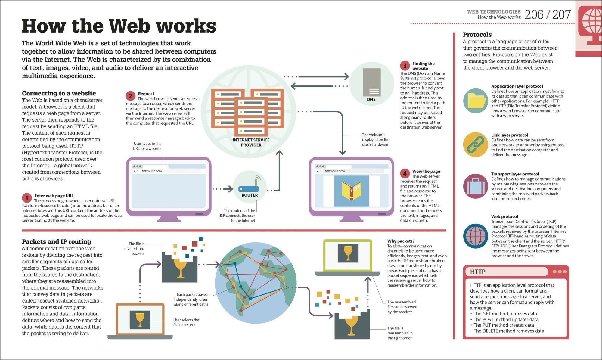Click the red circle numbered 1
click(27, 198)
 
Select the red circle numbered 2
click(130, 96)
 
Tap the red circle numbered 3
click(405, 66)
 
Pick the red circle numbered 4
click(405, 173)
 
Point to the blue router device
click(249, 189)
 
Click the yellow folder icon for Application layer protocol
click(476, 101)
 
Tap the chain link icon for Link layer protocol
click(476, 144)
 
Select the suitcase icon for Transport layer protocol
click(476, 186)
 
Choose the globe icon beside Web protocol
click(476, 236)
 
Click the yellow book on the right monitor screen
click(351, 191)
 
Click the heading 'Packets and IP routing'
click(57, 241)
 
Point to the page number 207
click(561, 14)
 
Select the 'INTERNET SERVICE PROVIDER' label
click(251, 142)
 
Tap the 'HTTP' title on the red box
click(478, 272)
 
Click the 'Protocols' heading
click(477, 35)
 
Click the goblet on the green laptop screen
click(348, 253)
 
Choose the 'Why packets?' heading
click(401, 241)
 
